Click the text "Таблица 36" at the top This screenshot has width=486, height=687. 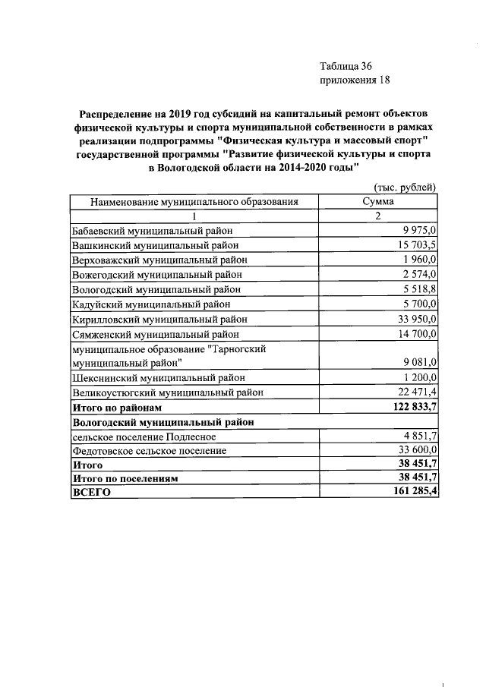click(x=346, y=66)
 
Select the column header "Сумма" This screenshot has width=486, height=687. click(x=377, y=201)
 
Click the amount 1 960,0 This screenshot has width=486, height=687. click(x=420, y=260)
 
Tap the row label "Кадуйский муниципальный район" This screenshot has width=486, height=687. click(x=153, y=304)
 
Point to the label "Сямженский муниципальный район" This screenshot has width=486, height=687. click(x=156, y=333)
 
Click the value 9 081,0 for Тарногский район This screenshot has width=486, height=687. click(x=420, y=362)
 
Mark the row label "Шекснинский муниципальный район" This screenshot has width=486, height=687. click(x=159, y=377)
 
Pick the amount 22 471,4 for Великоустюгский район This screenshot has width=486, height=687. click(x=417, y=392)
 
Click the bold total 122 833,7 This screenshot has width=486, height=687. click(x=413, y=407)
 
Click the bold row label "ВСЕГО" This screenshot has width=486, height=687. click(x=91, y=493)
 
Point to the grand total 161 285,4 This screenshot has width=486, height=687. click(x=413, y=493)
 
